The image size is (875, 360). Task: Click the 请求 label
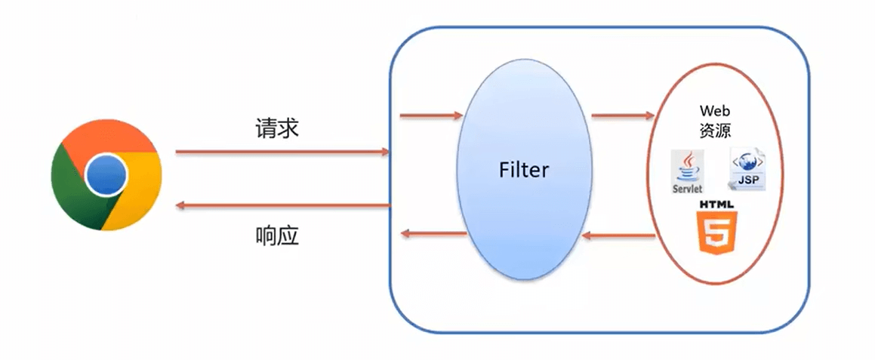click(x=277, y=129)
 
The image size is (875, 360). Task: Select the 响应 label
click(x=277, y=237)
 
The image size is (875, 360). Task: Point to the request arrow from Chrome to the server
click(x=282, y=151)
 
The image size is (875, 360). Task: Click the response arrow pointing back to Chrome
click(x=282, y=206)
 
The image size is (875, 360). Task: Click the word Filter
click(x=524, y=170)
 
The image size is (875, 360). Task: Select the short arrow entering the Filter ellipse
click(x=431, y=115)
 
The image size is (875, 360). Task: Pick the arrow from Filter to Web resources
click(x=622, y=115)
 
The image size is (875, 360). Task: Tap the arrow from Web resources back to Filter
click(x=618, y=236)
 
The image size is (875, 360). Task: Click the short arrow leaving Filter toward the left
click(x=434, y=233)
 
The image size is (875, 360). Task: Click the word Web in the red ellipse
click(x=715, y=111)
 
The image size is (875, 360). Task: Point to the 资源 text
click(x=715, y=131)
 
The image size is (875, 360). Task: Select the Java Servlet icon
click(x=688, y=171)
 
